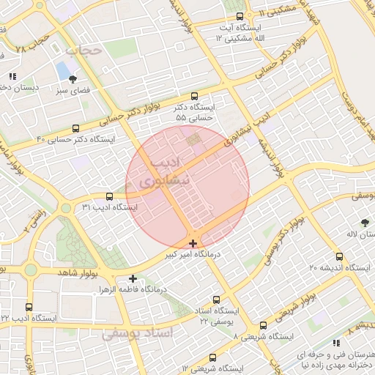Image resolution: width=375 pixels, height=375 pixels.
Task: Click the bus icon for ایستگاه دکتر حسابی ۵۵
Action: tap(194, 96)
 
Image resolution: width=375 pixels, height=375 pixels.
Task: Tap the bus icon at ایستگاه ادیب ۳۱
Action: tap(109, 196)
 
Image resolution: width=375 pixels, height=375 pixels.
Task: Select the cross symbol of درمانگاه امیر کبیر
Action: tap(193, 243)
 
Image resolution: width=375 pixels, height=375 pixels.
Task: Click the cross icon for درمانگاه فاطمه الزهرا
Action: tap(133, 278)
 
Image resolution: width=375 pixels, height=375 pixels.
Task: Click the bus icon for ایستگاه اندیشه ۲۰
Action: tap(338, 256)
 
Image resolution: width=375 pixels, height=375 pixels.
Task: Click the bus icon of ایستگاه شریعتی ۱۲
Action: tap(212, 357)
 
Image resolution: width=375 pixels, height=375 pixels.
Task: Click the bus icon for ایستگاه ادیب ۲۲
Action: tap(29, 308)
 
